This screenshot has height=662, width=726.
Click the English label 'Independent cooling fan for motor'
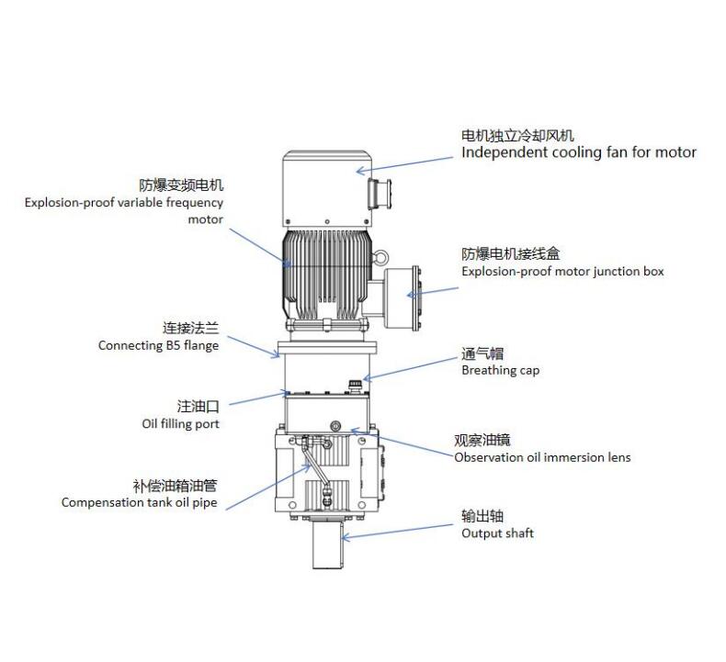[578, 152]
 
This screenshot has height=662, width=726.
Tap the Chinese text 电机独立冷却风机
[517, 136]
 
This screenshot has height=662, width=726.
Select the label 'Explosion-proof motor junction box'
[562, 272]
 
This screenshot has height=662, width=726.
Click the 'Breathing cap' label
[500, 371]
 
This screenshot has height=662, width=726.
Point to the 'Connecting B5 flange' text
[159, 345]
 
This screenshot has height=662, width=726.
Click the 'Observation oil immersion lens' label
[542, 457]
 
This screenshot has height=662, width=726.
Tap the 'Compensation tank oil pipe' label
[140, 502]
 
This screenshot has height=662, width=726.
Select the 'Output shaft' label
[497, 533]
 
